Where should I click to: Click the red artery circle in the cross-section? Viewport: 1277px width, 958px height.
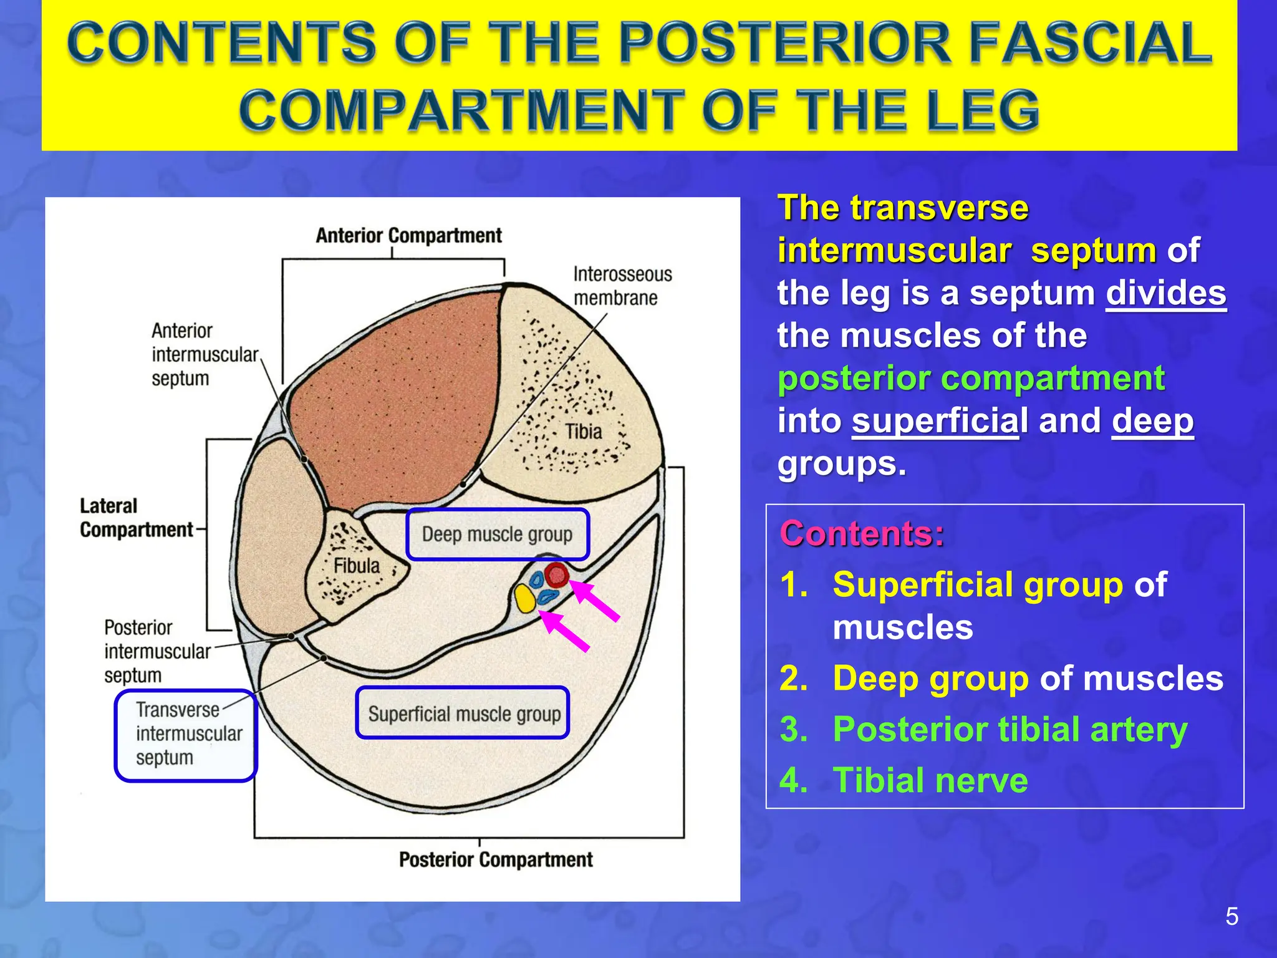556,574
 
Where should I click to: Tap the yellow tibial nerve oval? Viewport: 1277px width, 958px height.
525,599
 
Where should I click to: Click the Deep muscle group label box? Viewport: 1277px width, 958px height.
497,535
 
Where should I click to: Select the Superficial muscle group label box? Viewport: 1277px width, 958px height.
463,713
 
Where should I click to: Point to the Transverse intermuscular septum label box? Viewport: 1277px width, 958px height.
186,735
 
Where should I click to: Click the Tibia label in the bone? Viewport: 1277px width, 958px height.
584,432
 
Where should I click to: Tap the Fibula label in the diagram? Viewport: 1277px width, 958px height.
357,566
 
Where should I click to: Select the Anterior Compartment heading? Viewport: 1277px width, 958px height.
408,236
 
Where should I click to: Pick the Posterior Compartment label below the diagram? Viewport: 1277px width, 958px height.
496,859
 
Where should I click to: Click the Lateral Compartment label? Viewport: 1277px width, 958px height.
136,518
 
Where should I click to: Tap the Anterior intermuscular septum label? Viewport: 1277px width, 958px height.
204,354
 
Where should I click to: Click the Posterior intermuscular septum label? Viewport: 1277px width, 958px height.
157,651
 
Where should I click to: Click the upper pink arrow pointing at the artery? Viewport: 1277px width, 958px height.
595,601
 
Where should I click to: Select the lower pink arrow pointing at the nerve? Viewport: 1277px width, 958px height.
565,631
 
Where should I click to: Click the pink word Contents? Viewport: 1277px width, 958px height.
862,534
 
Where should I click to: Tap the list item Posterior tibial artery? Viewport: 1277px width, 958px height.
1010,729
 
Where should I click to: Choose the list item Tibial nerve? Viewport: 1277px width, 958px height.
930,780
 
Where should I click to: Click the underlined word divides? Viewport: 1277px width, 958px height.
1165,293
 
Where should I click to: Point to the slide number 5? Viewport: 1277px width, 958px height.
1231,917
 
